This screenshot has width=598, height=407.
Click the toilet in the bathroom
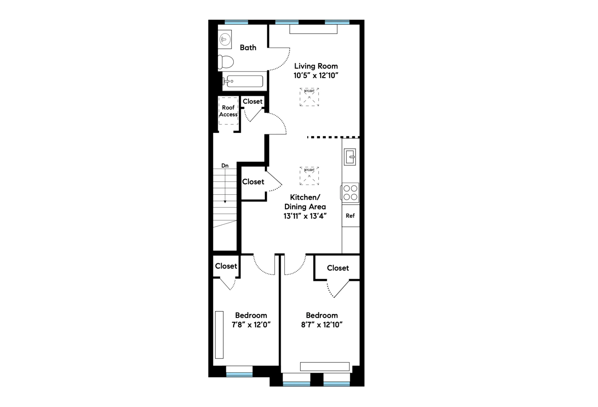(226, 62)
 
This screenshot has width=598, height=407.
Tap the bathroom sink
(225, 40)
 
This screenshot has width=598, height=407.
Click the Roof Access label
(228, 111)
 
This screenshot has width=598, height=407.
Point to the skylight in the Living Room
(309, 97)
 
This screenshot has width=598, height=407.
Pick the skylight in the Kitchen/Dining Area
(309, 176)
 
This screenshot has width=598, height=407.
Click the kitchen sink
(350, 157)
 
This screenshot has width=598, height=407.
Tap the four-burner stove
(350, 193)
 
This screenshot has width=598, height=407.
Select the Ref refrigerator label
(350, 216)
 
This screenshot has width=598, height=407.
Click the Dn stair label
(225, 166)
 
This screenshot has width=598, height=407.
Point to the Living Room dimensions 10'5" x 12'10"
(316, 76)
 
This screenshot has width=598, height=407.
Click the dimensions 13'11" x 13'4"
(305, 216)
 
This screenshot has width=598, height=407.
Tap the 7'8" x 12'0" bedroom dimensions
(251, 325)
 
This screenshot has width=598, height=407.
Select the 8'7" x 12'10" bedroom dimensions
(322, 325)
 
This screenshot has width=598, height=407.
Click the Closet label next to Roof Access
(253, 102)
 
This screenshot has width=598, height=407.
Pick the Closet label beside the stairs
(253, 182)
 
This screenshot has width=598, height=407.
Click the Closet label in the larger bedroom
(338, 268)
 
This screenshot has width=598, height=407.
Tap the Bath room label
(248, 48)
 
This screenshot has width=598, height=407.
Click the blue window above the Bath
(236, 22)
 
